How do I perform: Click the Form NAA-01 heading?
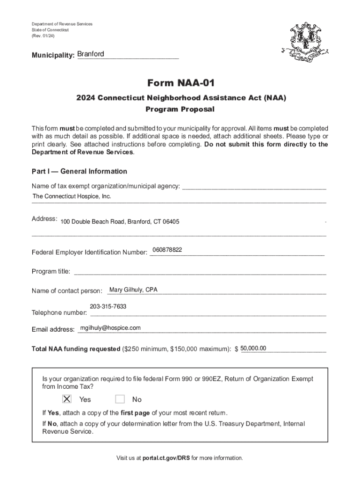pos(181,83)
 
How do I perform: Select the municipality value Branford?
pos(91,54)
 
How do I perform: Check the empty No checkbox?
pos(120,399)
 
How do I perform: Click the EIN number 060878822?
pos(167,250)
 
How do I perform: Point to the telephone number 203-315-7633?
pos(108,306)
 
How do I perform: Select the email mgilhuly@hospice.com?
pos(110,328)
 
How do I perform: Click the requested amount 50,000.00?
pos(253,348)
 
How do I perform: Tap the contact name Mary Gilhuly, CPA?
pos(133,290)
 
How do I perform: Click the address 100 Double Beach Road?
pos(120,221)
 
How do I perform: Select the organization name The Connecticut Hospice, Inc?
pos(72,196)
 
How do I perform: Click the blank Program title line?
pos(200,272)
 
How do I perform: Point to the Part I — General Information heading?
pos(79,171)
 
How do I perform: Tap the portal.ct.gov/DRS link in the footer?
pos(166,458)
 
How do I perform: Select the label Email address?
pos(53,329)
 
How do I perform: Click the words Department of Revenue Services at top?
pos(62,24)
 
